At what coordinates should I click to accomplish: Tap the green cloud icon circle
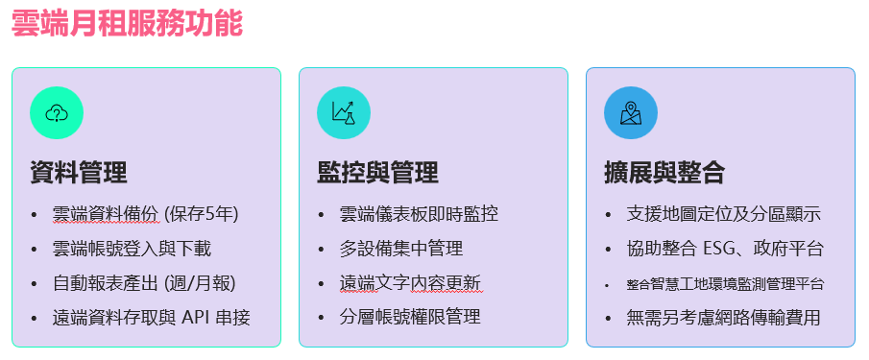[57, 112]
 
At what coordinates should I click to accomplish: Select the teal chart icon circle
[344, 112]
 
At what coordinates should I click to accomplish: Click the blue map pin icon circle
[631, 112]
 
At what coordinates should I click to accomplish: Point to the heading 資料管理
[79, 173]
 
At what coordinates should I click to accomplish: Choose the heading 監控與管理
[377, 173]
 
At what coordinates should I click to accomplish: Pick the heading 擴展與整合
[664, 173]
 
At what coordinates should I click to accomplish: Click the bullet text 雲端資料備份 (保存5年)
[145, 214]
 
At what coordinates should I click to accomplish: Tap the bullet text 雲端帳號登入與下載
[132, 249]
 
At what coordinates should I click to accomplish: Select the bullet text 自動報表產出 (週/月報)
[144, 283]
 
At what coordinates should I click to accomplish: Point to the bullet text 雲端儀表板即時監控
[419, 214]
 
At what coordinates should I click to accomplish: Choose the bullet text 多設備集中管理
[401, 249]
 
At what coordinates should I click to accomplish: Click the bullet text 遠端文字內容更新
[410, 283]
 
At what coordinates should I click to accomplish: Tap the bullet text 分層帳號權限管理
[410, 318]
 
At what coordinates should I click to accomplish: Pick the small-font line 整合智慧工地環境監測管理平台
[724, 284]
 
